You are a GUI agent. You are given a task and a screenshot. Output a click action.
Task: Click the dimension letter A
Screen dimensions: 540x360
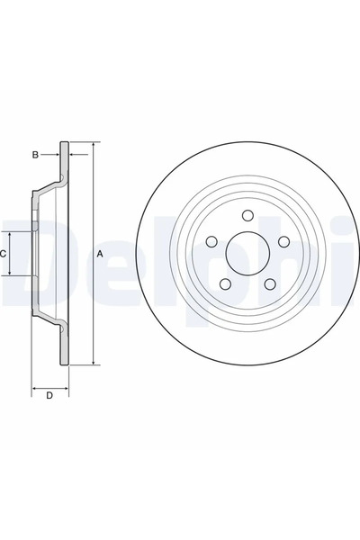(100, 255)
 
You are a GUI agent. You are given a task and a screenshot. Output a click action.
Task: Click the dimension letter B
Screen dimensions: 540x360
(35, 155)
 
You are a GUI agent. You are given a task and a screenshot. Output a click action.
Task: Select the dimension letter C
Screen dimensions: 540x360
(4, 254)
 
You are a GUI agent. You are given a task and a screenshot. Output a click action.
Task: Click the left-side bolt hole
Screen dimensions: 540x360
(211, 242)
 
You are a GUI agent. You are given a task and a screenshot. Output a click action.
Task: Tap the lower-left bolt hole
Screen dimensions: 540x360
(225, 284)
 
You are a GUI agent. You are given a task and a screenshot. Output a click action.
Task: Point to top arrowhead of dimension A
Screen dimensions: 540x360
(93, 144)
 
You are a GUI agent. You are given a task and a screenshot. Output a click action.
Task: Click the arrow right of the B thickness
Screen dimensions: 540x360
(73, 155)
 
